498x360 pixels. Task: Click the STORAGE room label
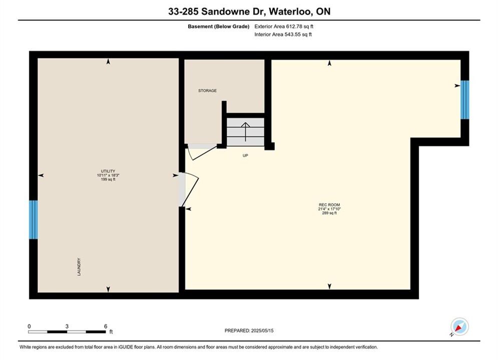coord(207,90)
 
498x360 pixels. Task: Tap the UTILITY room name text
coord(108,171)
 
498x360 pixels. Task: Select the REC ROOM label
coord(329,205)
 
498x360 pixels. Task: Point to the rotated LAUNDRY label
coord(79,266)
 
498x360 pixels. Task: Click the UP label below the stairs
coord(245,155)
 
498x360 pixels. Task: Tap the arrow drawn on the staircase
coord(246,132)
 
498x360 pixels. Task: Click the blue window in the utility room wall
coord(34,219)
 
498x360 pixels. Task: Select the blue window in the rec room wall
coord(464,99)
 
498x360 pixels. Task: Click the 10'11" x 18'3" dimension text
coord(108,175)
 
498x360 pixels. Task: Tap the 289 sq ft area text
coord(329,213)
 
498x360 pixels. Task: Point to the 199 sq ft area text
coord(108,179)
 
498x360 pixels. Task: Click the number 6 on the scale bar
coord(106,326)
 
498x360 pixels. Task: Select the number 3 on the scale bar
coord(67,326)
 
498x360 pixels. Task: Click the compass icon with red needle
coord(459,326)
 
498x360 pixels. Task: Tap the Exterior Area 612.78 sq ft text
coord(284,26)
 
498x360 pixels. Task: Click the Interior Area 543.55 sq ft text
coord(283,34)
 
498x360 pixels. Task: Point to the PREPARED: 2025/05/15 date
coord(249,330)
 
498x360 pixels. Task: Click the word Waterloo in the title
coord(290,11)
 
